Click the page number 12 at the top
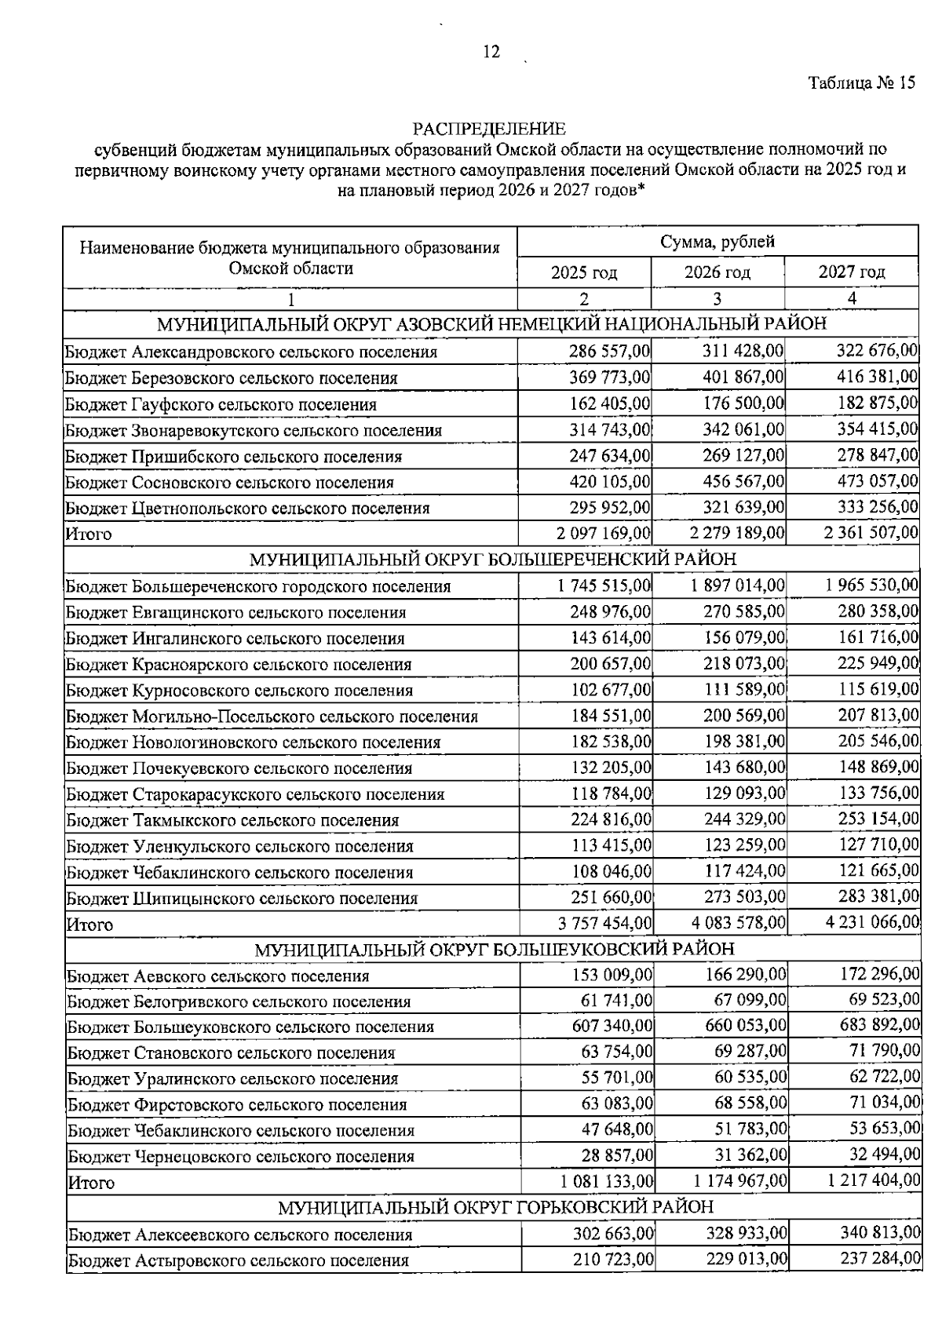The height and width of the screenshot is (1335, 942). (x=491, y=53)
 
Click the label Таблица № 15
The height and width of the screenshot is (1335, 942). (x=861, y=84)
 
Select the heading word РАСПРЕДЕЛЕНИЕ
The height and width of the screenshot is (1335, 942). (x=489, y=128)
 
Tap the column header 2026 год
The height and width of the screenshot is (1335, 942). (x=717, y=272)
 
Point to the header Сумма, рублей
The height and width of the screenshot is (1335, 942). (x=717, y=242)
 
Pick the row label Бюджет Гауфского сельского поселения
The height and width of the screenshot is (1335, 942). (x=221, y=404)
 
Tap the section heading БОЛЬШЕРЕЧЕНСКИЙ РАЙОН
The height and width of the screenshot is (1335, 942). (x=493, y=560)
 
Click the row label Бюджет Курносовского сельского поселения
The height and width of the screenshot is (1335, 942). (x=239, y=691)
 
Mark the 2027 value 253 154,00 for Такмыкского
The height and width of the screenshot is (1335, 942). (x=878, y=819)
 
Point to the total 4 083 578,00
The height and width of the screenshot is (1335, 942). (x=738, y=924)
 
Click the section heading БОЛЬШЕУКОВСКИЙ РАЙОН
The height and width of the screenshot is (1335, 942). (x=495, y=950)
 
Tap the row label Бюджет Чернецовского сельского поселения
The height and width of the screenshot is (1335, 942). (x=241, y=1156)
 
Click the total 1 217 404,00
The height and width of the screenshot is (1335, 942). (x=872, y=1181)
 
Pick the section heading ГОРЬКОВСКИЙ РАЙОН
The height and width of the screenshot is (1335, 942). (x=496, y=1207)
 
